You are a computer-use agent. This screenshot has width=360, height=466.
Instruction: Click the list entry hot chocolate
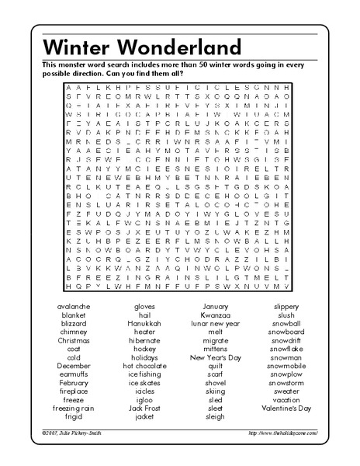coord(144,366)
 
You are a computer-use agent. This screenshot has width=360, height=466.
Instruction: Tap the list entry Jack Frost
coord(144,408)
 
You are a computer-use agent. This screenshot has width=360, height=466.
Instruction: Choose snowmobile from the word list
coord(286,366)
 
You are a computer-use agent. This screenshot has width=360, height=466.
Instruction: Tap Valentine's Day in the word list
coord(286,408)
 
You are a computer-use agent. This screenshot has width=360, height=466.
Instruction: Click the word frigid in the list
coord(74,416)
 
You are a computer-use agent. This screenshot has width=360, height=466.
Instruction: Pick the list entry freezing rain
coord(74,408)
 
